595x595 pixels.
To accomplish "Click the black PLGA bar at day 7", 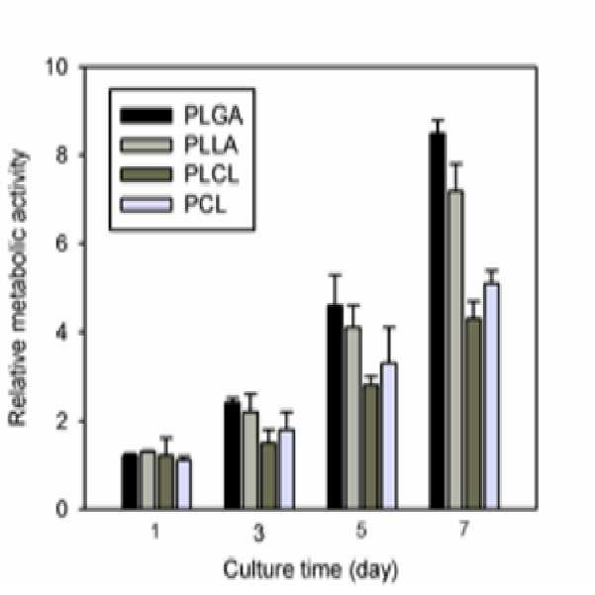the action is (x=438, y=321).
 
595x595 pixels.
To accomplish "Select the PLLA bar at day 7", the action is (x=455, y=349).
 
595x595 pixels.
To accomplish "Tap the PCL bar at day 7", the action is (x=491, y=396).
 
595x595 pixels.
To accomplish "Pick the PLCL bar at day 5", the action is (x=371, y=446).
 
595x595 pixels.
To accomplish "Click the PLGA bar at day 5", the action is (x=335, y=407).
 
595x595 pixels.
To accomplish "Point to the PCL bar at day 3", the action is (x=287, y=469).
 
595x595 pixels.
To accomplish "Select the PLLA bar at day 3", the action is (x=250, y=460).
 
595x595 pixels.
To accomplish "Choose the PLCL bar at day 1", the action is (x=166, y=481).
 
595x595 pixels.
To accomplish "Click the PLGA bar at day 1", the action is (x=130, y=481).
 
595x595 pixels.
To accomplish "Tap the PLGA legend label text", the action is (x=213, y=116).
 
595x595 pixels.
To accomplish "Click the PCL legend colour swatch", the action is (x=147, y=205).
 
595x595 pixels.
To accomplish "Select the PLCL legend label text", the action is (x=211, y=174).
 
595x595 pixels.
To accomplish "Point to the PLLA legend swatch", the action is (x=147, y=146).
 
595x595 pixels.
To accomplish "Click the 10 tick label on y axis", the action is (x=56, y=67).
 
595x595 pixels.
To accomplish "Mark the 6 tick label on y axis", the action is (x=61, y=244).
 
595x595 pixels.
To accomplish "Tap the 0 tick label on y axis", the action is (x=61, y=509).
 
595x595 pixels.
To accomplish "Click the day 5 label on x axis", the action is (x=361, y=530).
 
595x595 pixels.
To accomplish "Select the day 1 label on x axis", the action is (x=155, y=531).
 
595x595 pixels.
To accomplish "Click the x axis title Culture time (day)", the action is (x=311, y=570).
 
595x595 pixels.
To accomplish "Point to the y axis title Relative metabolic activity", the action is (x=18, y=288).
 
